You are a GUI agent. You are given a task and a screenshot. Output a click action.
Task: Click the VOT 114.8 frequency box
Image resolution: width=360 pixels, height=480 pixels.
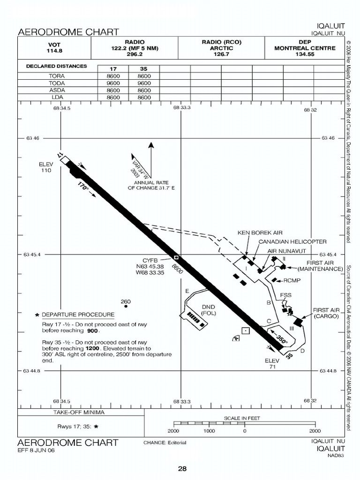pos(54,48)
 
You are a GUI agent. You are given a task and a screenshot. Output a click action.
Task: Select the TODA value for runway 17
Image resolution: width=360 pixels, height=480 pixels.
pos(113,83)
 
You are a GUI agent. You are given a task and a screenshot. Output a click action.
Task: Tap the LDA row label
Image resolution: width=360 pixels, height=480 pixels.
pos(57,97)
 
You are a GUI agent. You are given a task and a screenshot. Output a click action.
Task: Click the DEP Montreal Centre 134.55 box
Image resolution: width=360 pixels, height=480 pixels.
pos(305,48)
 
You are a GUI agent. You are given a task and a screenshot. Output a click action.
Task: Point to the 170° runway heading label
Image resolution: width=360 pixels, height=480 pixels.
pos(82,186)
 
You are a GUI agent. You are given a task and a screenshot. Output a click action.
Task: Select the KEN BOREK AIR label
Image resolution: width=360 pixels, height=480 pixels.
pos(260,233)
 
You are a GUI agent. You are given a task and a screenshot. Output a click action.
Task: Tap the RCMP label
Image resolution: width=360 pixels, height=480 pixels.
pos(292,280)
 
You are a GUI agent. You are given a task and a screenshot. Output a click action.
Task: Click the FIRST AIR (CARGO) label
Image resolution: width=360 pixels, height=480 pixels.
pos(326,313)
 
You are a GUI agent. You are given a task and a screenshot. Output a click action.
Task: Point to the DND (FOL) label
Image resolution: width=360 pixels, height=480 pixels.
pos(209,310)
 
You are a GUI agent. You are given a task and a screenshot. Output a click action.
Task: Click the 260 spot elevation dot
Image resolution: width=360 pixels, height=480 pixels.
pos(126,306)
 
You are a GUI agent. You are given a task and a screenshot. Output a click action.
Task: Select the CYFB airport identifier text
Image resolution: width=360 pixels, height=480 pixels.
pos(150,261)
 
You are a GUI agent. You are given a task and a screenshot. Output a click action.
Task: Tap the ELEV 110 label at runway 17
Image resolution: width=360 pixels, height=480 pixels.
pos(46,167)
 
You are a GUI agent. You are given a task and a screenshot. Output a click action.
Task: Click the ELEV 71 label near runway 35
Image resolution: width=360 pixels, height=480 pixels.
pos(272,364)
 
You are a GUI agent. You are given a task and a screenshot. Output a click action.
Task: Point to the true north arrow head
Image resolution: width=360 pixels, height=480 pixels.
pos(151,145)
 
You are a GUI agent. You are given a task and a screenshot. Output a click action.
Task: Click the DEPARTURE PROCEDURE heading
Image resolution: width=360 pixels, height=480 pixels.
pos(78,315)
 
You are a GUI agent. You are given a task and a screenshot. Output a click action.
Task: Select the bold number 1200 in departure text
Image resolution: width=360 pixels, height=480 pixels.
pos(92,348)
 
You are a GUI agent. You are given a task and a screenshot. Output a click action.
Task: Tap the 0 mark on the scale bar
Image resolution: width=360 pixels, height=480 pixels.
pos(245,431)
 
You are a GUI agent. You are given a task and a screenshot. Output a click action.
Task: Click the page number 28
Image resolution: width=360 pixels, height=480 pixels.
pos(182,469)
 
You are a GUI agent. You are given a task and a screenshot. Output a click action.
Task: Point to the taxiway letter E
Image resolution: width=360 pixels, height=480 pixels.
pos(187,291)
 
